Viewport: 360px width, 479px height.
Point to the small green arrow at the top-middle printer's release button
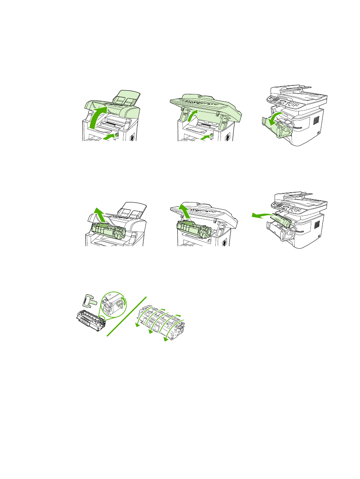tap(206, 137)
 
